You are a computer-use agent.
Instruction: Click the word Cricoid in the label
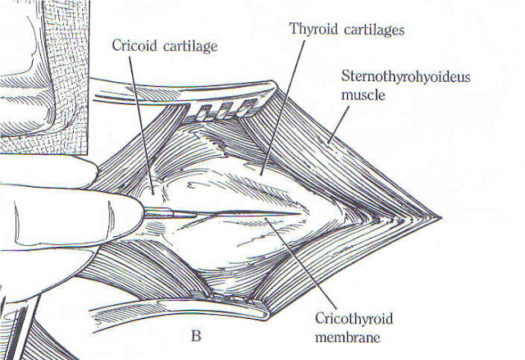(134, 46)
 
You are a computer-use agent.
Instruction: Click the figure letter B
(196, 335)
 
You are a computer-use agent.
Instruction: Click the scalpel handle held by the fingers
(164, 212)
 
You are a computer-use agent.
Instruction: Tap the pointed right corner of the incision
(441, 218)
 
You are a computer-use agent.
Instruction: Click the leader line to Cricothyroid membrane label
(304, 262)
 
